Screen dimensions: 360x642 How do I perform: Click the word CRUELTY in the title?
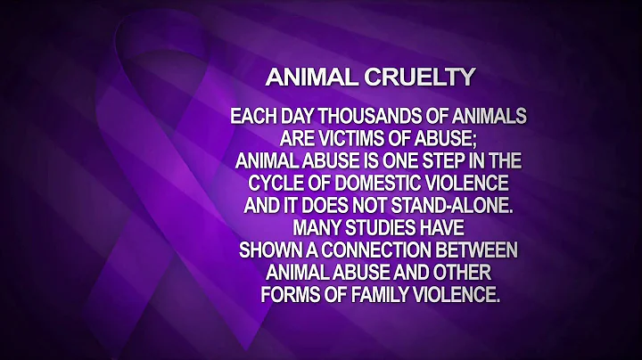click(427, 78)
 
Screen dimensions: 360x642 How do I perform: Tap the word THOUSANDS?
click(386, 117)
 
